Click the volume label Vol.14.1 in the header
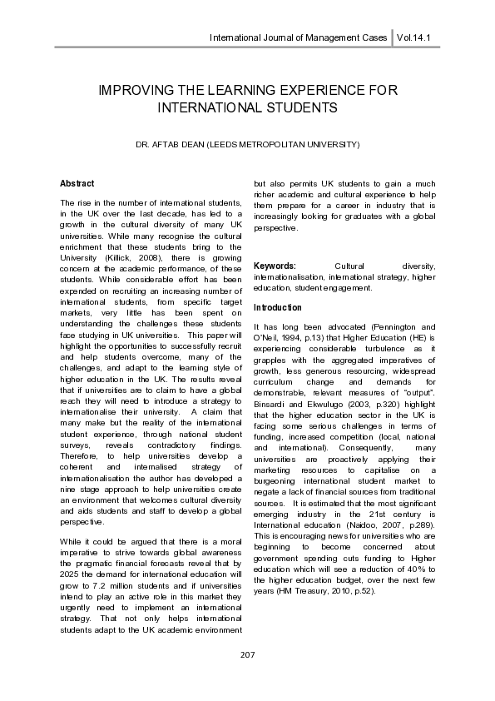[419, 38]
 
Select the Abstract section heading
[77, 183]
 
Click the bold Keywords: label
[275, 266]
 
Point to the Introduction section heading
[278, 308]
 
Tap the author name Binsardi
[271, 405]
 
